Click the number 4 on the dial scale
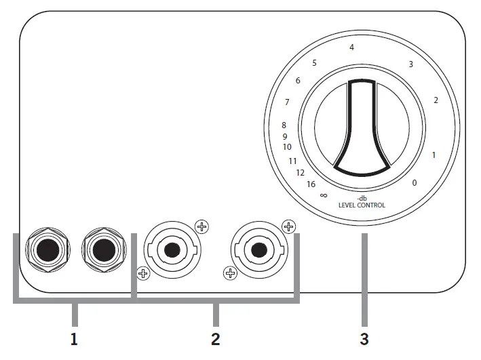pyautogui.click(x=351, y=47)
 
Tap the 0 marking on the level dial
pyautogui.click(x=415, y=183)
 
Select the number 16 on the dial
pyautogui.click(x=311, y=184)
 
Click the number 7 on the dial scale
pyautogui.click(x=287, y=102)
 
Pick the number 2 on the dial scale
pyautogui.click(x=436, y=100)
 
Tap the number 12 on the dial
pyautogui.click(x=300, y=173)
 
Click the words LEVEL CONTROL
pyautogui.click(x=362, y=205)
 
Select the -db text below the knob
pyautogui.click(x=362, y=198)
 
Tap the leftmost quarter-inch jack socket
pyautogui.click(x=47, y=251)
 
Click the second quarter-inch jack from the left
pyautogui.click(x=103, y=251)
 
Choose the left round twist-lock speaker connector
pyautogui.click(x=172, y=250)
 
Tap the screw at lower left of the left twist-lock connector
pyautogui.click(x=143, y=274)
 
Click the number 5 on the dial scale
pyautogui.click(x=314, y=63)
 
